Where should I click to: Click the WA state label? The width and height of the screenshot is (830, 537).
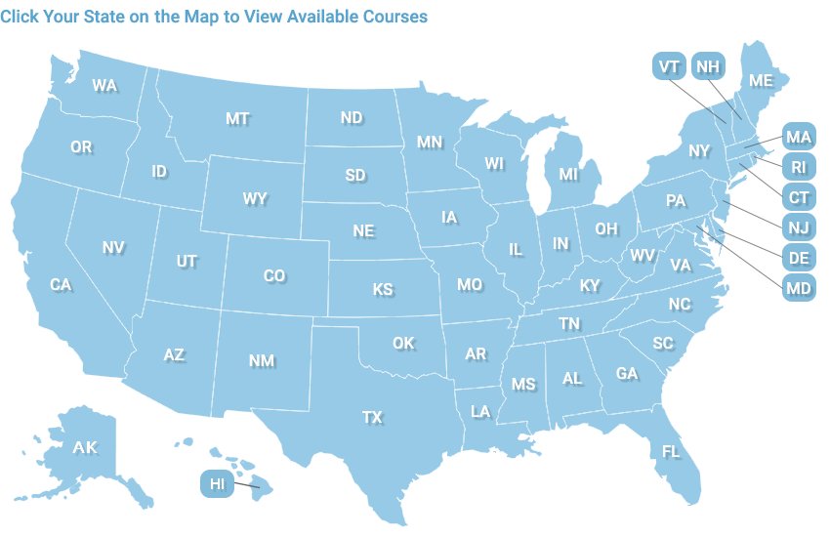(x=104, y=86)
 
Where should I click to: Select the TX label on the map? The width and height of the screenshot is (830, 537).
(x=372, y=418)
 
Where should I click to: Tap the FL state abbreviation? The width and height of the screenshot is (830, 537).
(x=671, y=452)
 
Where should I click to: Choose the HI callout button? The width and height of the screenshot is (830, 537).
(x=217, y=483)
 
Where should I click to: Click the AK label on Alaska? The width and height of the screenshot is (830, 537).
(x=85, y=448)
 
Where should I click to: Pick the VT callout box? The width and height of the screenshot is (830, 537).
(x=669, y=66)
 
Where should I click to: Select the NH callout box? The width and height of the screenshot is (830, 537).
(x=708, y=66)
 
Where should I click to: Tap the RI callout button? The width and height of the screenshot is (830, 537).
(x=798, y=168)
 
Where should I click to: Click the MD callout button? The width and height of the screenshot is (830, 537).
(x=798, y=288)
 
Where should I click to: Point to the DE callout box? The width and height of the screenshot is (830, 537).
(x=798, y=258)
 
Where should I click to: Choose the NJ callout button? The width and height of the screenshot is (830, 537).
(x=798, y=227)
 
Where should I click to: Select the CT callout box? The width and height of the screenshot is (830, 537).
(x=798, y=197)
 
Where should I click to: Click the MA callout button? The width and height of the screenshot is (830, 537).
(x=798, y=138)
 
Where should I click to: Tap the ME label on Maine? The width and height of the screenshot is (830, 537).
(x=761, y=81)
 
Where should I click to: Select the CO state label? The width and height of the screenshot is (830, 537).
(x=274, y=276)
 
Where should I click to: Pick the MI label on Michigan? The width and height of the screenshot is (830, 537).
(x=568, y=175)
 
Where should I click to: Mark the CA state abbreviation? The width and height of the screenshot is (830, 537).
(x=61, y=285)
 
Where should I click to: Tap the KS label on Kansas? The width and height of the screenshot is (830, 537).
(x=383, y=290)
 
